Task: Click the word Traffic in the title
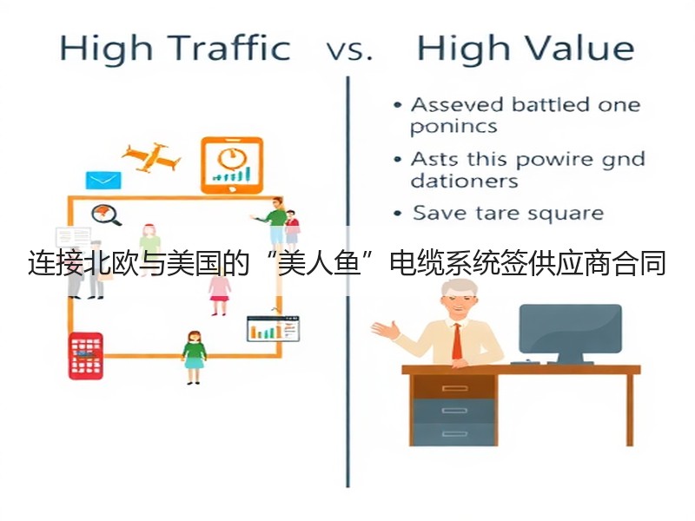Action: coord(229,48)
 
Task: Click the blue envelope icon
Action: coord(103,181)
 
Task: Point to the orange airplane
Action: coord(151,158)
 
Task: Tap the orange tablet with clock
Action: coord(232,165)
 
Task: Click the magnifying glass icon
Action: coord(106,214)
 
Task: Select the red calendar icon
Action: coord(86,356)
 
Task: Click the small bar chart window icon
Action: coord(273,329)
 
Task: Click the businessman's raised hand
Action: coord(385,330)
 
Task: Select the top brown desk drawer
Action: coord(454,388)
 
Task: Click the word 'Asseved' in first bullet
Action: coord(458,105)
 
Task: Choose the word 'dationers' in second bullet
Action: coord(464,181)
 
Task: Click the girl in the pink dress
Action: coord(220,293)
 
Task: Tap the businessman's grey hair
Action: coord(459,288)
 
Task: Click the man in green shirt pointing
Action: coord(273,224)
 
